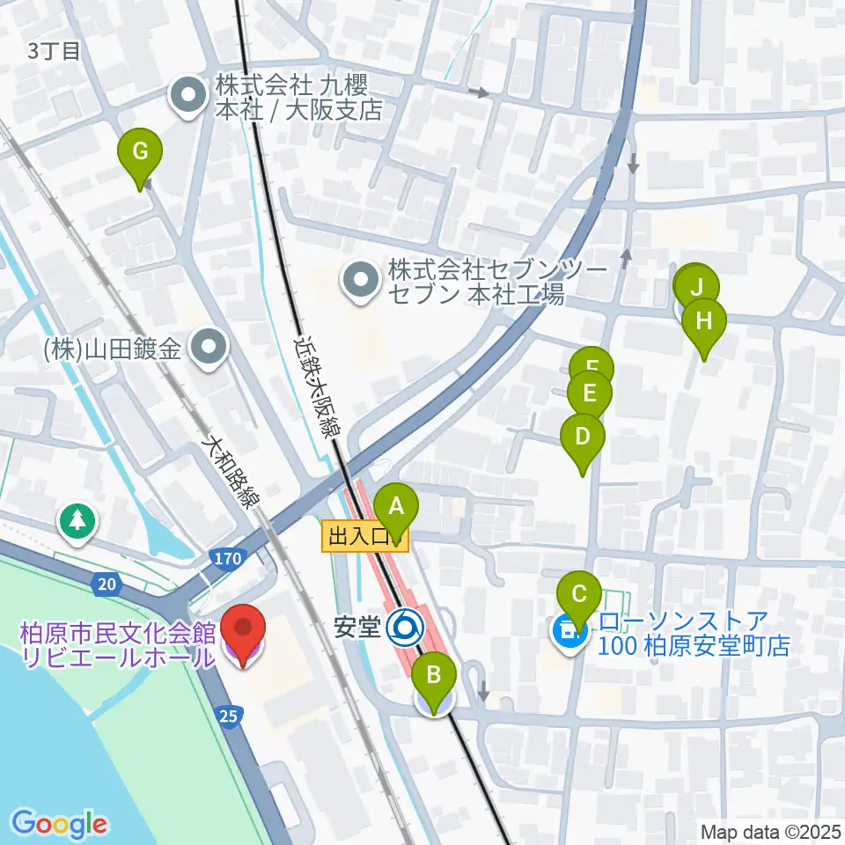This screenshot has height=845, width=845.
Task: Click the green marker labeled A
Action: (x=396, y=510)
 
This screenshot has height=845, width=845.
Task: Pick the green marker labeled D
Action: (x=583, y=437)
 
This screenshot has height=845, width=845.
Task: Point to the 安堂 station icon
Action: (x=406, y=627)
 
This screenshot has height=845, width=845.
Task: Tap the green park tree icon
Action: (x=77, y=521)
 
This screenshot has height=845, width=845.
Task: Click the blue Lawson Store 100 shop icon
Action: (x=568, y=630)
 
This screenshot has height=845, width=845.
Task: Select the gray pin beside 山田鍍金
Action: (x=208, y=349)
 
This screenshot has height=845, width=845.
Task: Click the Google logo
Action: (x=60, y=824)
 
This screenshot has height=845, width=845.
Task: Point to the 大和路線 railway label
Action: (x=231, y=475)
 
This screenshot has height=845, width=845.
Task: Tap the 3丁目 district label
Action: (x=54, y=51)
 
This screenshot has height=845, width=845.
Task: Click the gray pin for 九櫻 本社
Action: (x=187, y=98)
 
